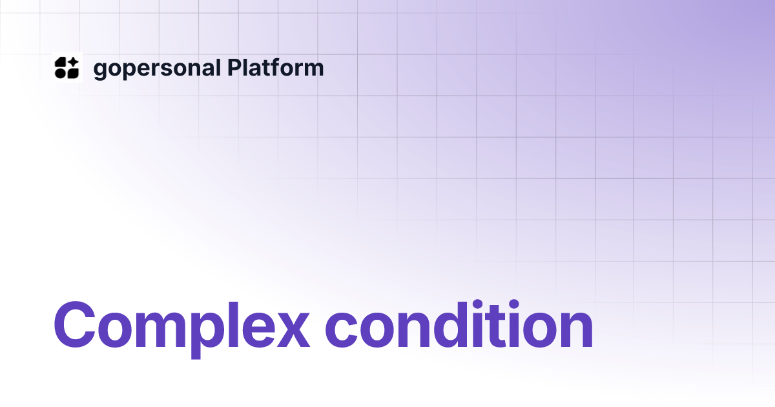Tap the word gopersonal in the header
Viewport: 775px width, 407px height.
tap(157, 68)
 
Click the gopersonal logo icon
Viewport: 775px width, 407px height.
tap(67, 68)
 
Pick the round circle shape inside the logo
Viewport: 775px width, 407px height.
tap(60, 74)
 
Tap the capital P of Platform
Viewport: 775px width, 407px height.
tap(234, 68)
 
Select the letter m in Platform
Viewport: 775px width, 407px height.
tap(313, 70)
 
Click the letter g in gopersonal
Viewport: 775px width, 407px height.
tap(100, 71)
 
